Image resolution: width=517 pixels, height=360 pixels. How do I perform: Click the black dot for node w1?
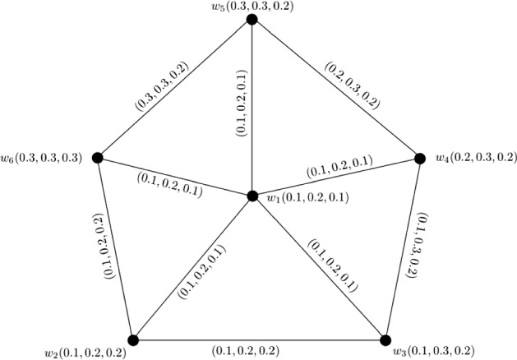coord(252,196)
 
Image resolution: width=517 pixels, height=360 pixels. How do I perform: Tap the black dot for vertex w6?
coord(97,157)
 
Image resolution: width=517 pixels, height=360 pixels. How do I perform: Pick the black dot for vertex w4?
coord(417,157)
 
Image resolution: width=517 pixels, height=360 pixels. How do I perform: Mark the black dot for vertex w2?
coord(134,339)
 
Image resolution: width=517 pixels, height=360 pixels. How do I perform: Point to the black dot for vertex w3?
coord(383,339)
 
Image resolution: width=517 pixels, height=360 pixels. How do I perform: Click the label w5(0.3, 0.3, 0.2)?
coord(251,7)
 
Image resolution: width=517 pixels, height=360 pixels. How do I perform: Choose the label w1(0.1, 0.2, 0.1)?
coord(305,198)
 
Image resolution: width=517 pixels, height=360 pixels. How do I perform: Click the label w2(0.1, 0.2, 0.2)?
coord(85,353)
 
